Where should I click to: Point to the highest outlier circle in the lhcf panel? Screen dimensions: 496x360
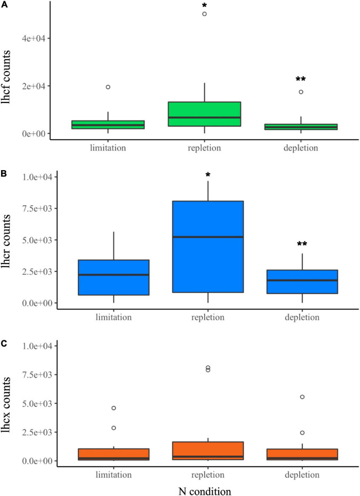205,14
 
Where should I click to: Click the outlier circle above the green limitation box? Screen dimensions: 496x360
108,87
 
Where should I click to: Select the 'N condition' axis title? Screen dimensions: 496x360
205,487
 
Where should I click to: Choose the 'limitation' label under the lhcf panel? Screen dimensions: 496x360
108,148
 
